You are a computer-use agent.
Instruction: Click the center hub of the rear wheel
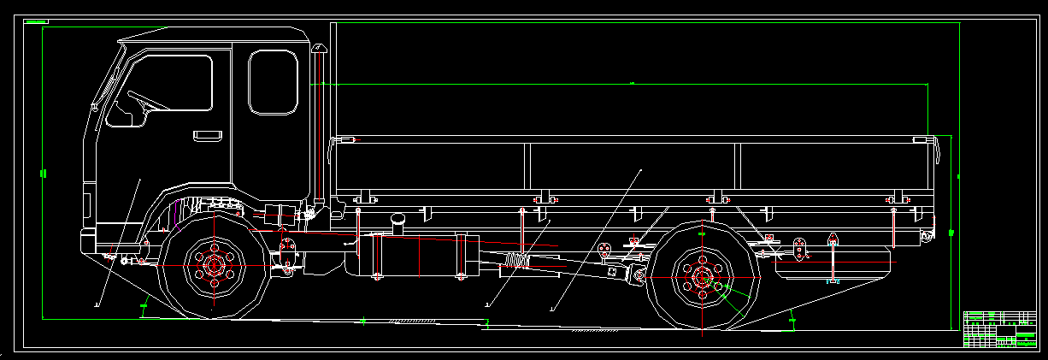702,275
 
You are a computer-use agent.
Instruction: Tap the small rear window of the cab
273,81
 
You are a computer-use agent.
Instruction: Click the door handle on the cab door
206,135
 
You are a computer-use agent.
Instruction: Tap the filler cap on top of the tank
397,220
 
